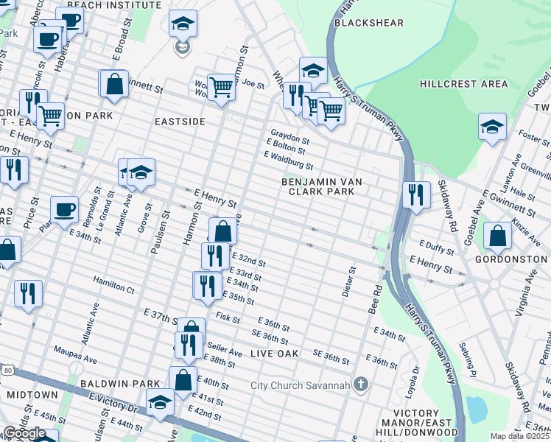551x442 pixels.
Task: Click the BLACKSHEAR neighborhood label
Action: [368, 23]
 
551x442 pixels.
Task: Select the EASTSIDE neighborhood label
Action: [180, 121]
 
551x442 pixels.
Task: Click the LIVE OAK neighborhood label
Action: [275, 354]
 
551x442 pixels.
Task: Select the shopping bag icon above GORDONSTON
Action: [498, 235]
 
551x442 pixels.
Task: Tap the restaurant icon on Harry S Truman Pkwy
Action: [416, 194]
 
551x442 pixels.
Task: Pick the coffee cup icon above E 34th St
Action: [64, 209]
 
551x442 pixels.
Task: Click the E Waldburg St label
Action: [289, 161]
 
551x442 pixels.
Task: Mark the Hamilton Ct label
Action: [113, 285]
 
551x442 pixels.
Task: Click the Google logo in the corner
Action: [24, 433]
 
